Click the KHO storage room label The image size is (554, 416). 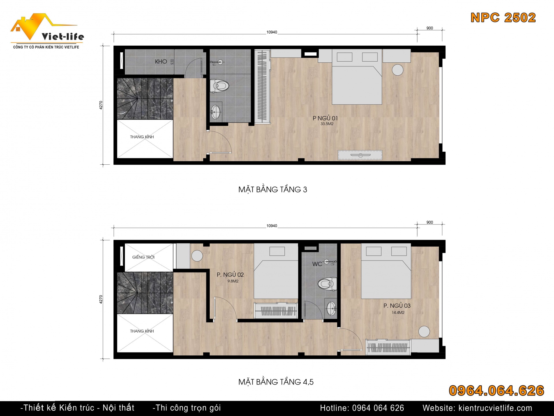pyautogui.click(x=161, y=62)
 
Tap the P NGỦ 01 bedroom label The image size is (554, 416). pyautogui.click(x=325, y=118)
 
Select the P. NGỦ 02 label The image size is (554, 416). pyautogui.click(x=230, y=275)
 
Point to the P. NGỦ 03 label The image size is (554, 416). pyautogui.click(x=397, y=306)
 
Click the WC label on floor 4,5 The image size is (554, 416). pyautogui.click(x=317, y=264)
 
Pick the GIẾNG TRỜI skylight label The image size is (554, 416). pyautogui.click(x=143, y=257)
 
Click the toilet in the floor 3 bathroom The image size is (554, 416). pyautogui.click(x=219, y=86)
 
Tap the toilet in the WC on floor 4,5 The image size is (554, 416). pyautogui.click(x=327, y=284)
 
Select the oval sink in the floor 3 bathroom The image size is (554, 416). pyautogui.click(x=216, y=112)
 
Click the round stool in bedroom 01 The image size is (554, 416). pyautogui.click(x=398, y=70)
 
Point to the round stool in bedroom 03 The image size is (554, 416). pyautogui.click(x=424, y=332)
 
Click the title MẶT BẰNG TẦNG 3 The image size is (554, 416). pyautogui.click(x=273, y=190)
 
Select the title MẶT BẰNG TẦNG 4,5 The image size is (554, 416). pyautogui.click(x=276, y=382)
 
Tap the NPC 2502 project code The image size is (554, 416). pyautogui.click(x=503, y=18)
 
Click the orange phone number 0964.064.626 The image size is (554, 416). pyautogui.click(x=496, y=391)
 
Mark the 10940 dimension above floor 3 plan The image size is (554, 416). pyautogui.click(x=272, y=32)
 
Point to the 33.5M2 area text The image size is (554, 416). pyautogui.click(x=327, y=124)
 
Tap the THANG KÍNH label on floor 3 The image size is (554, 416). pyautogui.click(x=142, y=137)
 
